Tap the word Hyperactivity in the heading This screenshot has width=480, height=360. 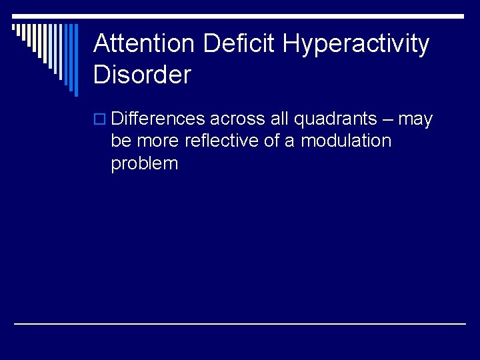point(356,44)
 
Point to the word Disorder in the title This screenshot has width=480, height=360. point(142,75)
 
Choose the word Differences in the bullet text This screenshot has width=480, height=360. point(158,119)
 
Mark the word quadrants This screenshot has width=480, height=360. point(335,119)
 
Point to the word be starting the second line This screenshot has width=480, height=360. point(121,141)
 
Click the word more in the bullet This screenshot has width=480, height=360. point(158,142)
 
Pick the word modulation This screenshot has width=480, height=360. point(346,141)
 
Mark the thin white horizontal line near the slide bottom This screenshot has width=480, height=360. point(240,323)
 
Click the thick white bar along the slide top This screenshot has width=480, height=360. point(267,16)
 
